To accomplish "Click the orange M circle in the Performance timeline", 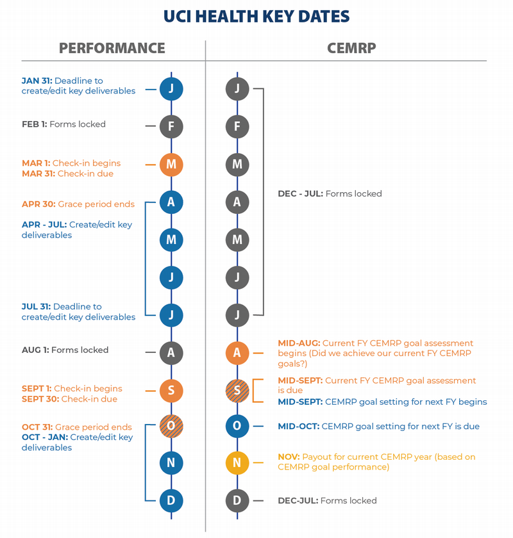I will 171,164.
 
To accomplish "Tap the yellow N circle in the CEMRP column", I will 237,462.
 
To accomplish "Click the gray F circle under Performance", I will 171,126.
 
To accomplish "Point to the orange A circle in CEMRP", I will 237,352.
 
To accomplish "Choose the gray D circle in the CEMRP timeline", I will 237,500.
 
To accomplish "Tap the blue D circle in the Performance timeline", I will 171,500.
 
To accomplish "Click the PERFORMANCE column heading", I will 112,48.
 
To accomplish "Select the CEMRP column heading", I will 351,48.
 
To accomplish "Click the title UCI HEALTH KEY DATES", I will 256,17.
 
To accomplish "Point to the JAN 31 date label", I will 37,81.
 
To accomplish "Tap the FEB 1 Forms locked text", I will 63,124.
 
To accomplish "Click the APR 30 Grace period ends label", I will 78,204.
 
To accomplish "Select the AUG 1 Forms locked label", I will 65,350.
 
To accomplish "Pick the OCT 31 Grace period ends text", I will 76,427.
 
